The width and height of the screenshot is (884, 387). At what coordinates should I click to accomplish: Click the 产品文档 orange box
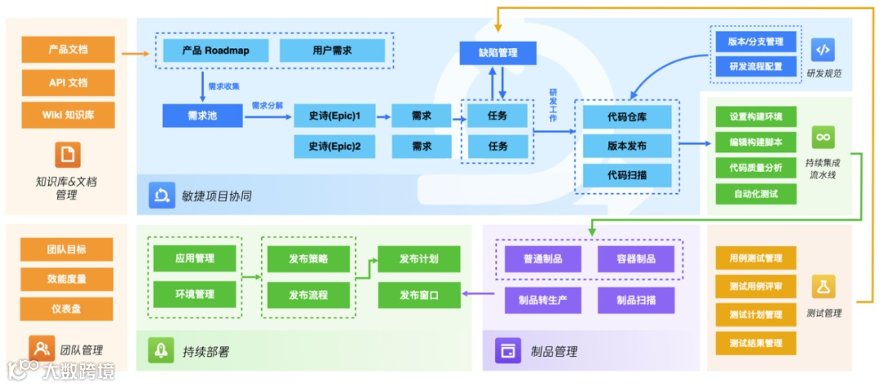point(67,50)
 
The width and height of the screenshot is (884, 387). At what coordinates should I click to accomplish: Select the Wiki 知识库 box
point(67,115)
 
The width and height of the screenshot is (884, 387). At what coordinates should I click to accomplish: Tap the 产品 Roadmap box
point(217,51)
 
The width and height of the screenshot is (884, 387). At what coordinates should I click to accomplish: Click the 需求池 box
point(202,116)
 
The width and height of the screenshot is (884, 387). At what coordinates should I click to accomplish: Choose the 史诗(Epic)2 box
point(335,146)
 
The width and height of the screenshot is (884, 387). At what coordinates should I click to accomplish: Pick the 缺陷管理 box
point(498,53)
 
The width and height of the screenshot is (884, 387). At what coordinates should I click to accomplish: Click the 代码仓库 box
point(627,117)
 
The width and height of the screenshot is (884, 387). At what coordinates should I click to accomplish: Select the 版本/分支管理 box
point(755,41)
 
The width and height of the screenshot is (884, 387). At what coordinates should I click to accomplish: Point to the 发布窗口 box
point(418,295)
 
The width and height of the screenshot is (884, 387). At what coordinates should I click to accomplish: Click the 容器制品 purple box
point(636,259)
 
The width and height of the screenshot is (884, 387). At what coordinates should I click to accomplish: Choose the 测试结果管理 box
point(755,343)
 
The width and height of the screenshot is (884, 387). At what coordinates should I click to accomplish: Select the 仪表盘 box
point(67,308)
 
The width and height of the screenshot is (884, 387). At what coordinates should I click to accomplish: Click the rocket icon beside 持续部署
point(160,350)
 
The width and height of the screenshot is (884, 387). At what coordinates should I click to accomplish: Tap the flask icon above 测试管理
point(823,286)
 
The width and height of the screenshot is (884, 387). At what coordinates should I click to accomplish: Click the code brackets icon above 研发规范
point(823,50)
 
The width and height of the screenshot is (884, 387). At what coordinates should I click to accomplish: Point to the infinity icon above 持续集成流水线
point(823,137)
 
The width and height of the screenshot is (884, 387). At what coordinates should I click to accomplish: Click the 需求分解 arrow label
point(268,106)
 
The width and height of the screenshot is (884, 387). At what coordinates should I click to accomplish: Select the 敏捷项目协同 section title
point(216,196)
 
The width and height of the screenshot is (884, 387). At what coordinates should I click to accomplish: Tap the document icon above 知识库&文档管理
point(67,154)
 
